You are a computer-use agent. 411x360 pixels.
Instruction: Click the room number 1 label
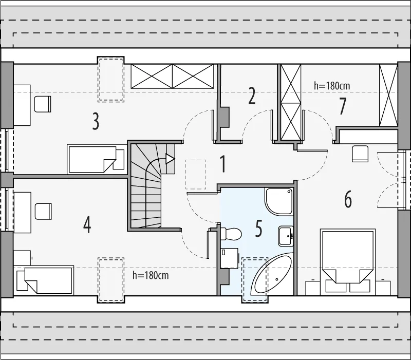coord(223,164)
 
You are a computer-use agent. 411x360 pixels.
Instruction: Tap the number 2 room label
coord(252,96)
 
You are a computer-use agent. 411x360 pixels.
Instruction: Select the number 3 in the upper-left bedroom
coord(96,121)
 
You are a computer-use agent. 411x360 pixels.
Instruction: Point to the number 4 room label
coord(87,225)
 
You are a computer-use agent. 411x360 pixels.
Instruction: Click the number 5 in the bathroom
coord(258,229)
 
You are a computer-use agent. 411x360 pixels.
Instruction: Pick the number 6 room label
coord(348,199)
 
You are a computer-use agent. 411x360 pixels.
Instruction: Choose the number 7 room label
coord(343,106)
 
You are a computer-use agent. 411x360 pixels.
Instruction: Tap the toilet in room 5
coord(230,234)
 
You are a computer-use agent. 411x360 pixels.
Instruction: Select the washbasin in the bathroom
coord(286,236)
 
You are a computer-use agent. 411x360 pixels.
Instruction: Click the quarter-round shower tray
coord(279,201)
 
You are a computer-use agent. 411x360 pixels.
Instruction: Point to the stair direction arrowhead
coord(170,159)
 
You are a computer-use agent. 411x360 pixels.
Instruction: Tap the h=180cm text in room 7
coord(332,86)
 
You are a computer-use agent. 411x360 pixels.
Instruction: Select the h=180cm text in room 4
coord(151,275)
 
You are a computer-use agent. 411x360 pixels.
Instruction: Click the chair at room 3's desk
coord(43,104)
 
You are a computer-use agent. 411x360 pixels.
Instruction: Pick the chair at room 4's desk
coord(43,211)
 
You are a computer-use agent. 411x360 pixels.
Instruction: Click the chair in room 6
coord(360,154)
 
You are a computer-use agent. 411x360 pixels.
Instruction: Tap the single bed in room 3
coord(97,159)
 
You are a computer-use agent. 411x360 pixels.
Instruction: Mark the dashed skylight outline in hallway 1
coord(196,174)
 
